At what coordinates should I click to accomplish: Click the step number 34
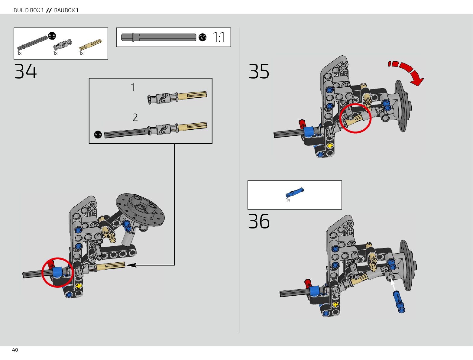pyautogui.click(x=26, y=72)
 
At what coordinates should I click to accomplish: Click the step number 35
pyautogui.click(x=259, y=72)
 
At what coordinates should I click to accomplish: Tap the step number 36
pyautogui.click(x=259, y=221)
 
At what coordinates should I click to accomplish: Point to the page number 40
pyautogui.click(x=15, y=350)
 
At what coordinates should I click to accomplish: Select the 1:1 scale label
pyautogui.click(x=219, y=37)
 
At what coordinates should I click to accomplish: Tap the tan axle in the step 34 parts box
pyautogui.click(x=90, y=44)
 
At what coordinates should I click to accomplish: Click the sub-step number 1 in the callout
pyautogui.click(x=133, y=87)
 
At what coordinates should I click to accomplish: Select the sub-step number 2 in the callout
pyautogui.click(x=135, y=117)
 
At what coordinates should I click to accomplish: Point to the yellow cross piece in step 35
pyautogui.click(x=330, y=146)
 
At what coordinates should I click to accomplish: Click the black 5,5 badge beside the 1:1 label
pyautogui.click(x=202, y=37)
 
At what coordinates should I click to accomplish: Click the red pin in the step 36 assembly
pyautogui.click(x=308, y=283)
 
